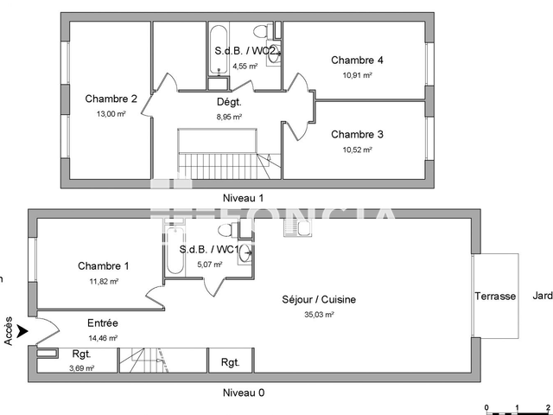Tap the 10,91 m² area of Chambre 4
pyautogui.click(x=357, y=75)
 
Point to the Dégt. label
pyautogui.click(x=228, y=102)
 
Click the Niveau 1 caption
pyautogui.click(x=243, y=198)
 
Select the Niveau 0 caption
pyautogui.click(x=243, y=393)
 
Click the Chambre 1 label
pyautogui.click(x=103, y=265)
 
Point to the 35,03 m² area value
pyautogui.click(x=319, y=316)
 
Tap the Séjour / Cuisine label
pyautogui.click(x=319, y=300)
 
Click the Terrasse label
pyautogui.click(x=495, y=297)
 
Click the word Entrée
pyautogui.click(x=103, y=322)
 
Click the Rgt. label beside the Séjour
pyautogui.click(x=231, y=362)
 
